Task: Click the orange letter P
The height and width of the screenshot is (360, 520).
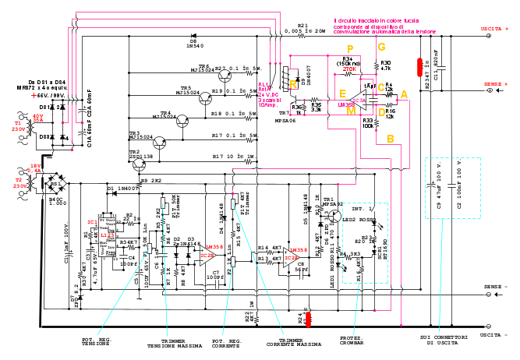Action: coord(349,49)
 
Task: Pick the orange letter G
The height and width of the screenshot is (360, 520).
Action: coord(381,47)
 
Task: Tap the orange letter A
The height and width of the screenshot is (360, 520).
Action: coord(403,94)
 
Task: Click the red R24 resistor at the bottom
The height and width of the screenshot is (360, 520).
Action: coord(308,318)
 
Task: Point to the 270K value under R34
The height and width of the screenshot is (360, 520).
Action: coord(348,69)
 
